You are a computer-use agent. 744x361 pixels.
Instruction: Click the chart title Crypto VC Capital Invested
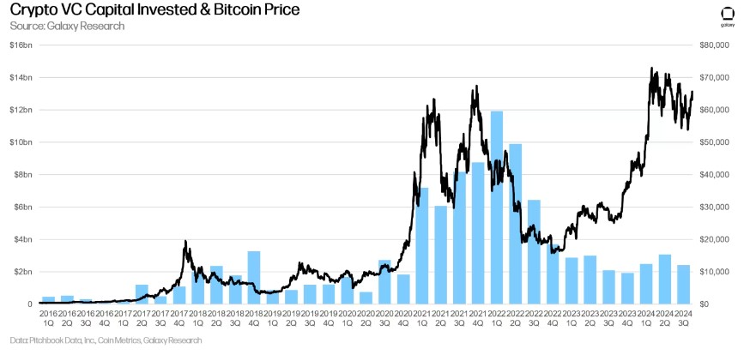(155, 10)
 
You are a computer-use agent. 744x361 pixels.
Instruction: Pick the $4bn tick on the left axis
(23, 239)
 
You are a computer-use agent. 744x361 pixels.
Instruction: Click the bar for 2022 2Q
(515, 224)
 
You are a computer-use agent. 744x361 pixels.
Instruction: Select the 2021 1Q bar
(421, 245)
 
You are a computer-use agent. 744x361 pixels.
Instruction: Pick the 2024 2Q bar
(665, 279)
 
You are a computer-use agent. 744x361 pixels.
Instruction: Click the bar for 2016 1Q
(49, 300)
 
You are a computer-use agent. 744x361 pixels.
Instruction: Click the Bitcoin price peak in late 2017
(185, 242)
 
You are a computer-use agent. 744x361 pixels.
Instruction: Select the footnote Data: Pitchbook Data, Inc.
(107, 340)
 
